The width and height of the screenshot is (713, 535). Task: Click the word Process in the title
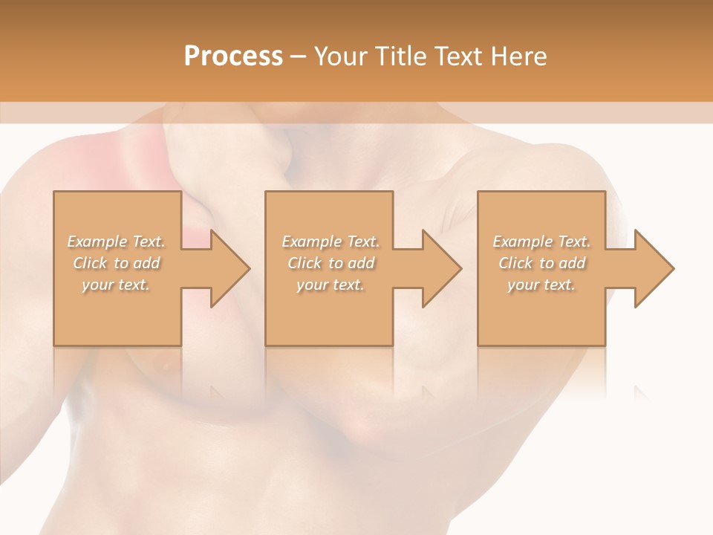click(233, 56)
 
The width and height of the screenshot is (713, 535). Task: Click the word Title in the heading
click(402, 56)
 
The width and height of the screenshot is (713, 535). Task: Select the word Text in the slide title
click(460, 56)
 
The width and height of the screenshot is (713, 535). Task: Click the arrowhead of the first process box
click(228, 268)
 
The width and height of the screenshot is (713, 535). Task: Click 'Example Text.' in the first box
click(117, 241)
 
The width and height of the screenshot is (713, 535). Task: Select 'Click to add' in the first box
click(117, 263)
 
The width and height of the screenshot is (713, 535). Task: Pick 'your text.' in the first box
click(117, 285)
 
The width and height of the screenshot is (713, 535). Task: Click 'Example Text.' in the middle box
click(331, 241)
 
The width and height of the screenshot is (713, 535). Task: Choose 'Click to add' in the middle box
click(331, 263)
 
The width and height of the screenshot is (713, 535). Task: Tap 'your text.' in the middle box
click(331, 285)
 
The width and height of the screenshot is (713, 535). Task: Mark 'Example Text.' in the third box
click(541, 241)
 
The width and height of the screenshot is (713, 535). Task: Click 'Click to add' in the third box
click(541, 263)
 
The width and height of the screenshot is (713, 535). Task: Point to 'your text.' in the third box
click(541, 285)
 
